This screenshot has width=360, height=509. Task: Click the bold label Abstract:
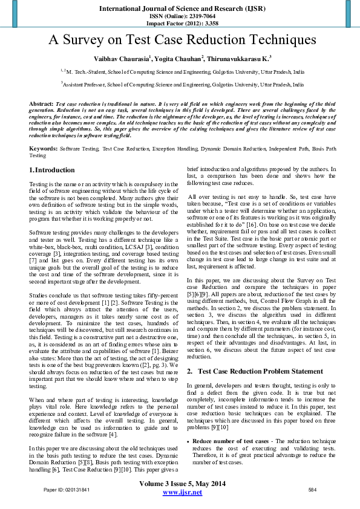coord(42,105)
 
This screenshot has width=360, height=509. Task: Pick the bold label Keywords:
coord(44,148)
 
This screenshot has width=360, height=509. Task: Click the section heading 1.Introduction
coord(52,170)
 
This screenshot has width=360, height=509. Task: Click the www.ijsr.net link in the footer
coord(183,493)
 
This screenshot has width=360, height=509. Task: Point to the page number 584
coord(313,488)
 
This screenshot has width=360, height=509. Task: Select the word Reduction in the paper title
coord(209,41)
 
